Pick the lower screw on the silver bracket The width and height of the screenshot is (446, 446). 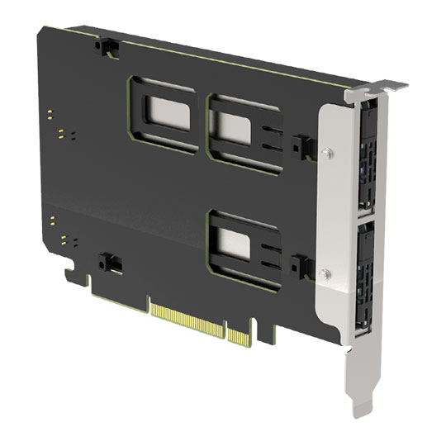[329, 274]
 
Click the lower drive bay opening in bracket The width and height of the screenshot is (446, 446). [365, 277]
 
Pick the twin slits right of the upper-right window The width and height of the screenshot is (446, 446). [269, 141]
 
